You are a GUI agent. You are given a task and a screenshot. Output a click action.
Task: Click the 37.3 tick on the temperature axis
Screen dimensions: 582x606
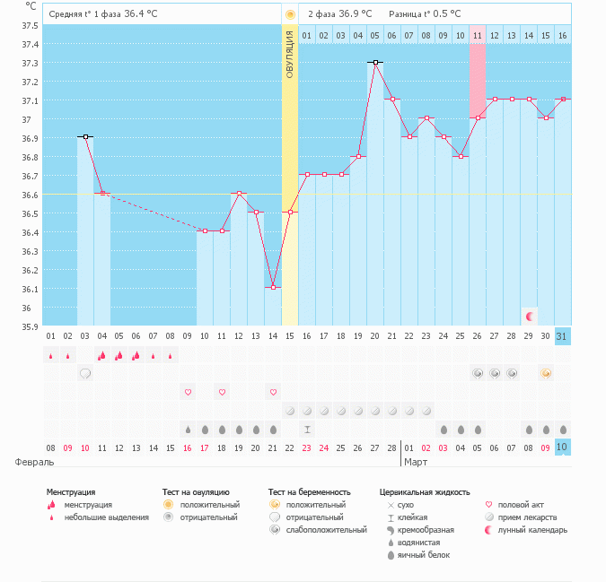tap(31, 63)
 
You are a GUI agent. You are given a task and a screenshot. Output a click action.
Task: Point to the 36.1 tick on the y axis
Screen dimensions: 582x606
tap(31, 289)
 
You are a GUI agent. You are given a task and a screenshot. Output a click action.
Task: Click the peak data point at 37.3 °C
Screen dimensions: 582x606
tap(374, 63)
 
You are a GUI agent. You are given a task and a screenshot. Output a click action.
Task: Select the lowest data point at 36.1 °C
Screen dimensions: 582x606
tap(272, 288)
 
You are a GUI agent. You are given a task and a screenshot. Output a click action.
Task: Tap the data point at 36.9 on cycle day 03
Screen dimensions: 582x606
tap(85, 137)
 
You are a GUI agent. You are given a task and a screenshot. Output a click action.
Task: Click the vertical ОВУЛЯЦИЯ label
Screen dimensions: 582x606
tap(289, 54)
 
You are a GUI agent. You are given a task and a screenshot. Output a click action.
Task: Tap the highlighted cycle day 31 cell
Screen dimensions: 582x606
tap(562, 336)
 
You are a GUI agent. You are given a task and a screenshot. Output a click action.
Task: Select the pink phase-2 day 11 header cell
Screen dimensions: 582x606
tap(477, 35)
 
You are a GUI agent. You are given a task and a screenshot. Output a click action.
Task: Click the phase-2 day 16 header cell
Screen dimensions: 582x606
tap(562, 35)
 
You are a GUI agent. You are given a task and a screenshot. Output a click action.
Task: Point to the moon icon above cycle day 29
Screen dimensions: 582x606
tap(530, 316)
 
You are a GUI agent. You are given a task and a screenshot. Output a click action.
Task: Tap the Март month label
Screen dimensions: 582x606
tap(416, 462)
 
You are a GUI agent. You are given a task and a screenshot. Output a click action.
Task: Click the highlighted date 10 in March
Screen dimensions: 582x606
tap(562, 447)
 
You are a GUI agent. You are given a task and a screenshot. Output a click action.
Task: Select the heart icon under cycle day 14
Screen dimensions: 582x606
tap(272, 392)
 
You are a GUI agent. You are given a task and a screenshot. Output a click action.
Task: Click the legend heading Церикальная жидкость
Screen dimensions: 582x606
tap(425, 492)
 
